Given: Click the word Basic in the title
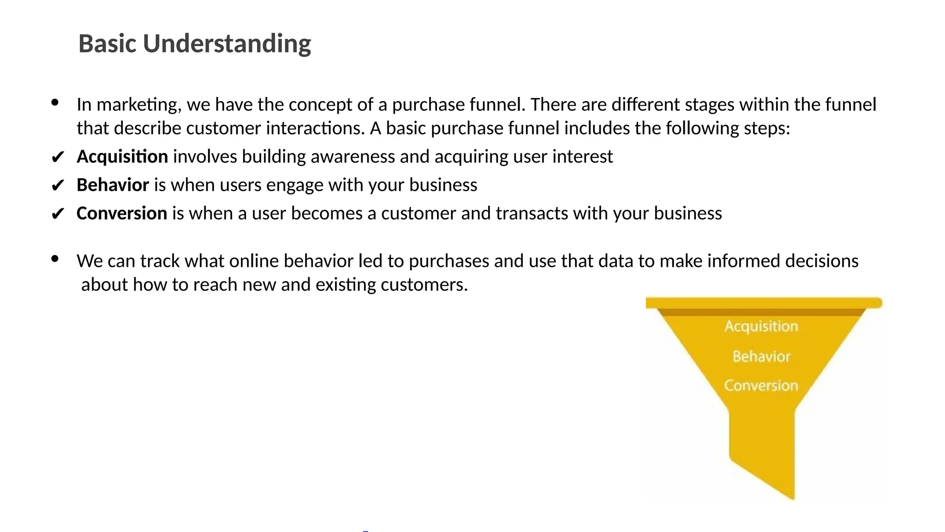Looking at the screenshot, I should tap(107, 44).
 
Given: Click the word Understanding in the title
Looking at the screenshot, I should tap(227, 44).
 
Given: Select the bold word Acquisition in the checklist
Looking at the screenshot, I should tap(122, 157).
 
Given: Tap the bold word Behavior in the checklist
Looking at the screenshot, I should tap(113, 185).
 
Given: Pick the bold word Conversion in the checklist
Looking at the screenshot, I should tap(122, 213).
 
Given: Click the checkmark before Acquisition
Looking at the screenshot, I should tap(57, 157).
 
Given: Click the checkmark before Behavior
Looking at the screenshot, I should tap(57, 186).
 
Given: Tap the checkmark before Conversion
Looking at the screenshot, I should tap(57, 214).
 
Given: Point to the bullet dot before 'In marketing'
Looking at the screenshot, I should tap(55, 103).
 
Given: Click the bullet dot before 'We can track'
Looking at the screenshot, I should tap(55, 259).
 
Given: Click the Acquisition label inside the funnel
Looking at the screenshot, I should tap(761, 326).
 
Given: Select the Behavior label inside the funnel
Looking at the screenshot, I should tap(761, 356).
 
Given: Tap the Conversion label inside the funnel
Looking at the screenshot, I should tap(761, 385).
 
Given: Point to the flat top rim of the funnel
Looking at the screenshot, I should tap(764, 303).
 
